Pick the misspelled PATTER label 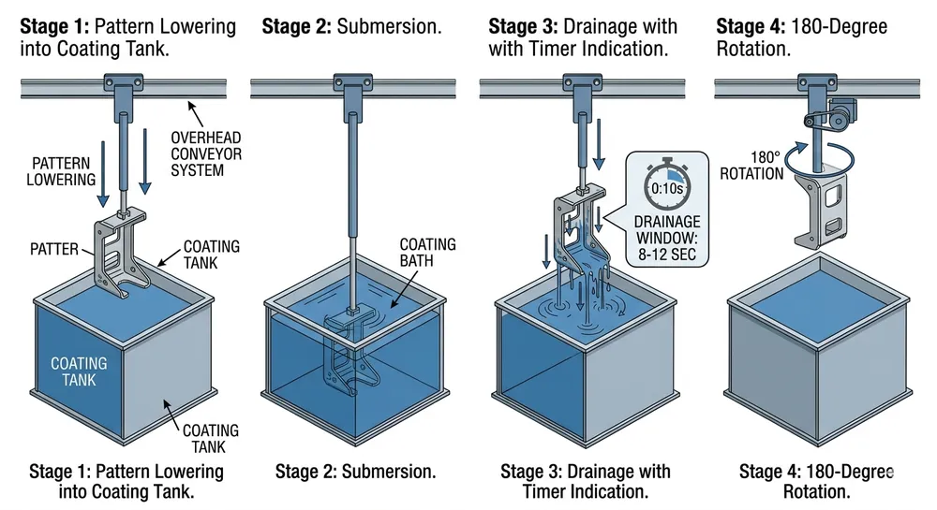pyautogui.click(x=55, y=250)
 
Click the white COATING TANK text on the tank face pyautogui.click(x=79, y=372)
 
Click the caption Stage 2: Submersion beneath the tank pyautogui.click(x=356, y=472)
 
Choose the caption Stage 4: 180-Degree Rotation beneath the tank pyautogui.click(x=815, y=481)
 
